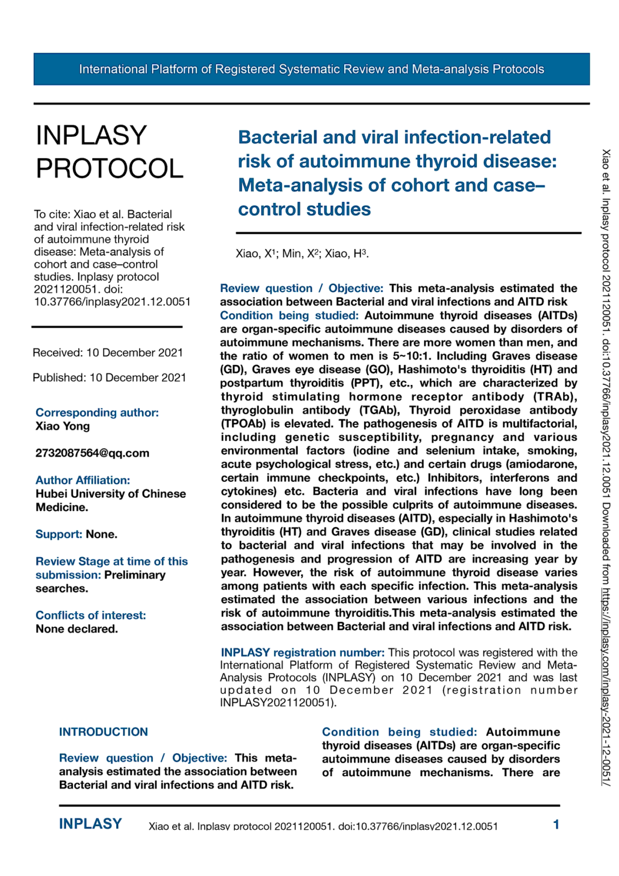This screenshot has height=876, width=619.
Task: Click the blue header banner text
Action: click(x=311, y=69)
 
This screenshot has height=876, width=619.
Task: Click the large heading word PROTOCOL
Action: click(x=109, y=168)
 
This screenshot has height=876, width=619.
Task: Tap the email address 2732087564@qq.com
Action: click(x=92, y=453)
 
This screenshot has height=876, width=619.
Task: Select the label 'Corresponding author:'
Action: click(x=97, y=412)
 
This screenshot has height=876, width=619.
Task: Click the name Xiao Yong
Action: click(x=63, y=426)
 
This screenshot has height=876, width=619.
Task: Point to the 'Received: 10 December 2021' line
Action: click(x=108, y=352)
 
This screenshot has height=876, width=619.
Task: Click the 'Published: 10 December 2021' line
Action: click(x=109, y=378)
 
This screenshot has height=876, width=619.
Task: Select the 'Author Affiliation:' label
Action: click(x=83, y=480)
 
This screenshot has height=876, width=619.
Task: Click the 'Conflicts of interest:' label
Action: click(x=91, y=615)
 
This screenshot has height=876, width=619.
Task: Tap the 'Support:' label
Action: click(x=59, y=534)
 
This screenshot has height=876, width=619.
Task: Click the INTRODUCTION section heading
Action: click(x=103, y=732)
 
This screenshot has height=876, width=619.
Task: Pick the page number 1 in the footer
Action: click(x=556, y=825)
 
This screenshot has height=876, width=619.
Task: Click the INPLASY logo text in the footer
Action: click(x=91, y=824)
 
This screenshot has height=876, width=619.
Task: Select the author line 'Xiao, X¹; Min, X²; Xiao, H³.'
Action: click(x=302, y=254)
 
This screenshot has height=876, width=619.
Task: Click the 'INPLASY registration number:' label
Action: click(x=303, y=652)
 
